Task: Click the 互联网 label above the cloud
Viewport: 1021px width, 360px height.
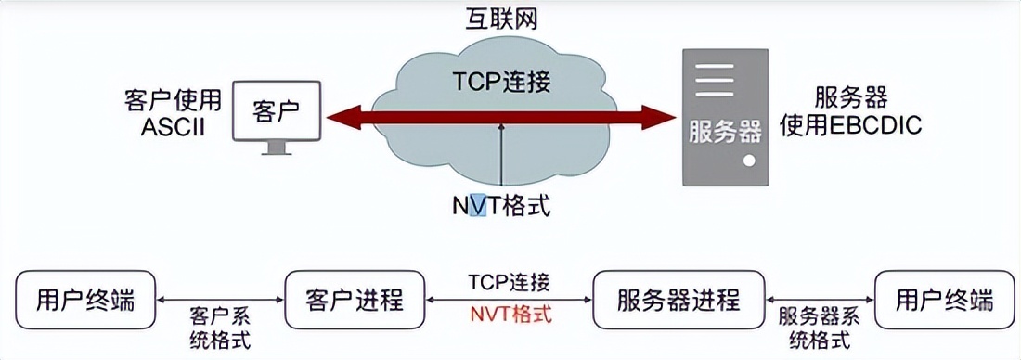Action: [x=501, y=19]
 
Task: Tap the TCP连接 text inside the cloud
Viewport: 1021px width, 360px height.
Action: [x=501, y=82]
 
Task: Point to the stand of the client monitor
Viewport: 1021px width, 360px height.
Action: [x=277, y=148]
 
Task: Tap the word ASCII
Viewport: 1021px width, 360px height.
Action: [x=173, y=127]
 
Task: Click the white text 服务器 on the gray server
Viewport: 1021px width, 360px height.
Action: [x=725, y=132]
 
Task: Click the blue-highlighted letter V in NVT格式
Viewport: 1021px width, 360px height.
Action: [x=477, y=205]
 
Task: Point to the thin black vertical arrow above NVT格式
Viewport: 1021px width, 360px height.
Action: [x=501, y=158]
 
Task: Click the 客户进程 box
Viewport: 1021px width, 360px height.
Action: [x=354, y=301]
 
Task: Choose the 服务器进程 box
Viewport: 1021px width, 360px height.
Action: [x=679, y=301]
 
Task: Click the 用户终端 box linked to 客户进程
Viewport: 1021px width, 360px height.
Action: [x=86, y=301]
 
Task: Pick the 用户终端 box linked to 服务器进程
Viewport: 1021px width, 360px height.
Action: [x=944, y=301]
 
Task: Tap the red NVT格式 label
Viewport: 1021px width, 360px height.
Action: [x=510, y=314]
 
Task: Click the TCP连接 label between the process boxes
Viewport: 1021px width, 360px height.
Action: [x=509, y=281]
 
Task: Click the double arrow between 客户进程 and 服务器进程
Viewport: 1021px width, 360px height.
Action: [x=509, y=299]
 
